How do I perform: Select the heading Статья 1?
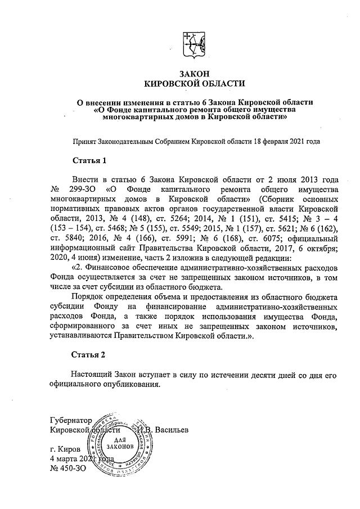[x=90, y=160]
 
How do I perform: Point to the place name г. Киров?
[x=65, y=449]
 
